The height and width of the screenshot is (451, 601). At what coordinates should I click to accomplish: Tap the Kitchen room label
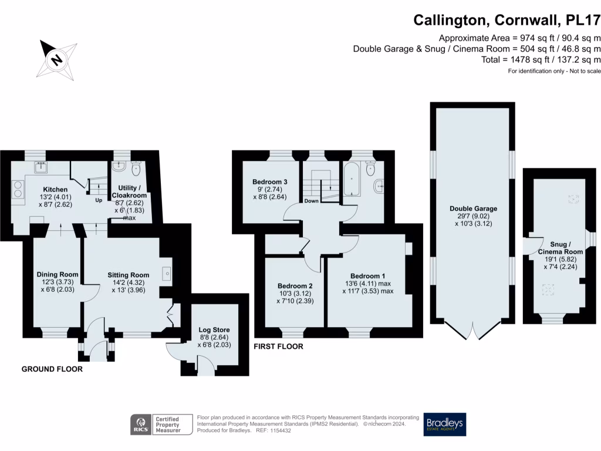[55, 190]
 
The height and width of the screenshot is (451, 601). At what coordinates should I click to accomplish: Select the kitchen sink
[40, 167]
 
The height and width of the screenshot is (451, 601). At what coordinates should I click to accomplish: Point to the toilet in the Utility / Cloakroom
[136, 167]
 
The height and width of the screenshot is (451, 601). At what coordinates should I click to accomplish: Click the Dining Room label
[58, 274]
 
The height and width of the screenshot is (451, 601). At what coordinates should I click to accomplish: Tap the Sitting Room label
[129, 275]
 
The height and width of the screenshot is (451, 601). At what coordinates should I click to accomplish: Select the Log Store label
[214, 330]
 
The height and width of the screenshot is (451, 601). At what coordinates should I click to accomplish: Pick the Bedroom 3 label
[270, 182]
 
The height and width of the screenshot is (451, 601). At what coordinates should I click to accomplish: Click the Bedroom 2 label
[295, 286]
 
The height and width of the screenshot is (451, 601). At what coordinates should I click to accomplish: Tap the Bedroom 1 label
[368, 276]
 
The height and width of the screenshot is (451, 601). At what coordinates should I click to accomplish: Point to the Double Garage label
[474, 208]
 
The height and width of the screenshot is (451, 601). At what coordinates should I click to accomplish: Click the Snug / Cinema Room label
[561, 248]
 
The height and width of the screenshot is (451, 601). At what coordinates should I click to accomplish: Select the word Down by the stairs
[311, 201]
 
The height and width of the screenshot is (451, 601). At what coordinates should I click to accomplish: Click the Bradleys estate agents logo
[445, 425]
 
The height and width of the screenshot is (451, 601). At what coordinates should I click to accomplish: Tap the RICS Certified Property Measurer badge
[161, 425]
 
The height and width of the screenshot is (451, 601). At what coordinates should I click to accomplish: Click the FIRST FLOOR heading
[279, 346]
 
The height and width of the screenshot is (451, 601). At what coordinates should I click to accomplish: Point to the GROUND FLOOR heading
[52, 369]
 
